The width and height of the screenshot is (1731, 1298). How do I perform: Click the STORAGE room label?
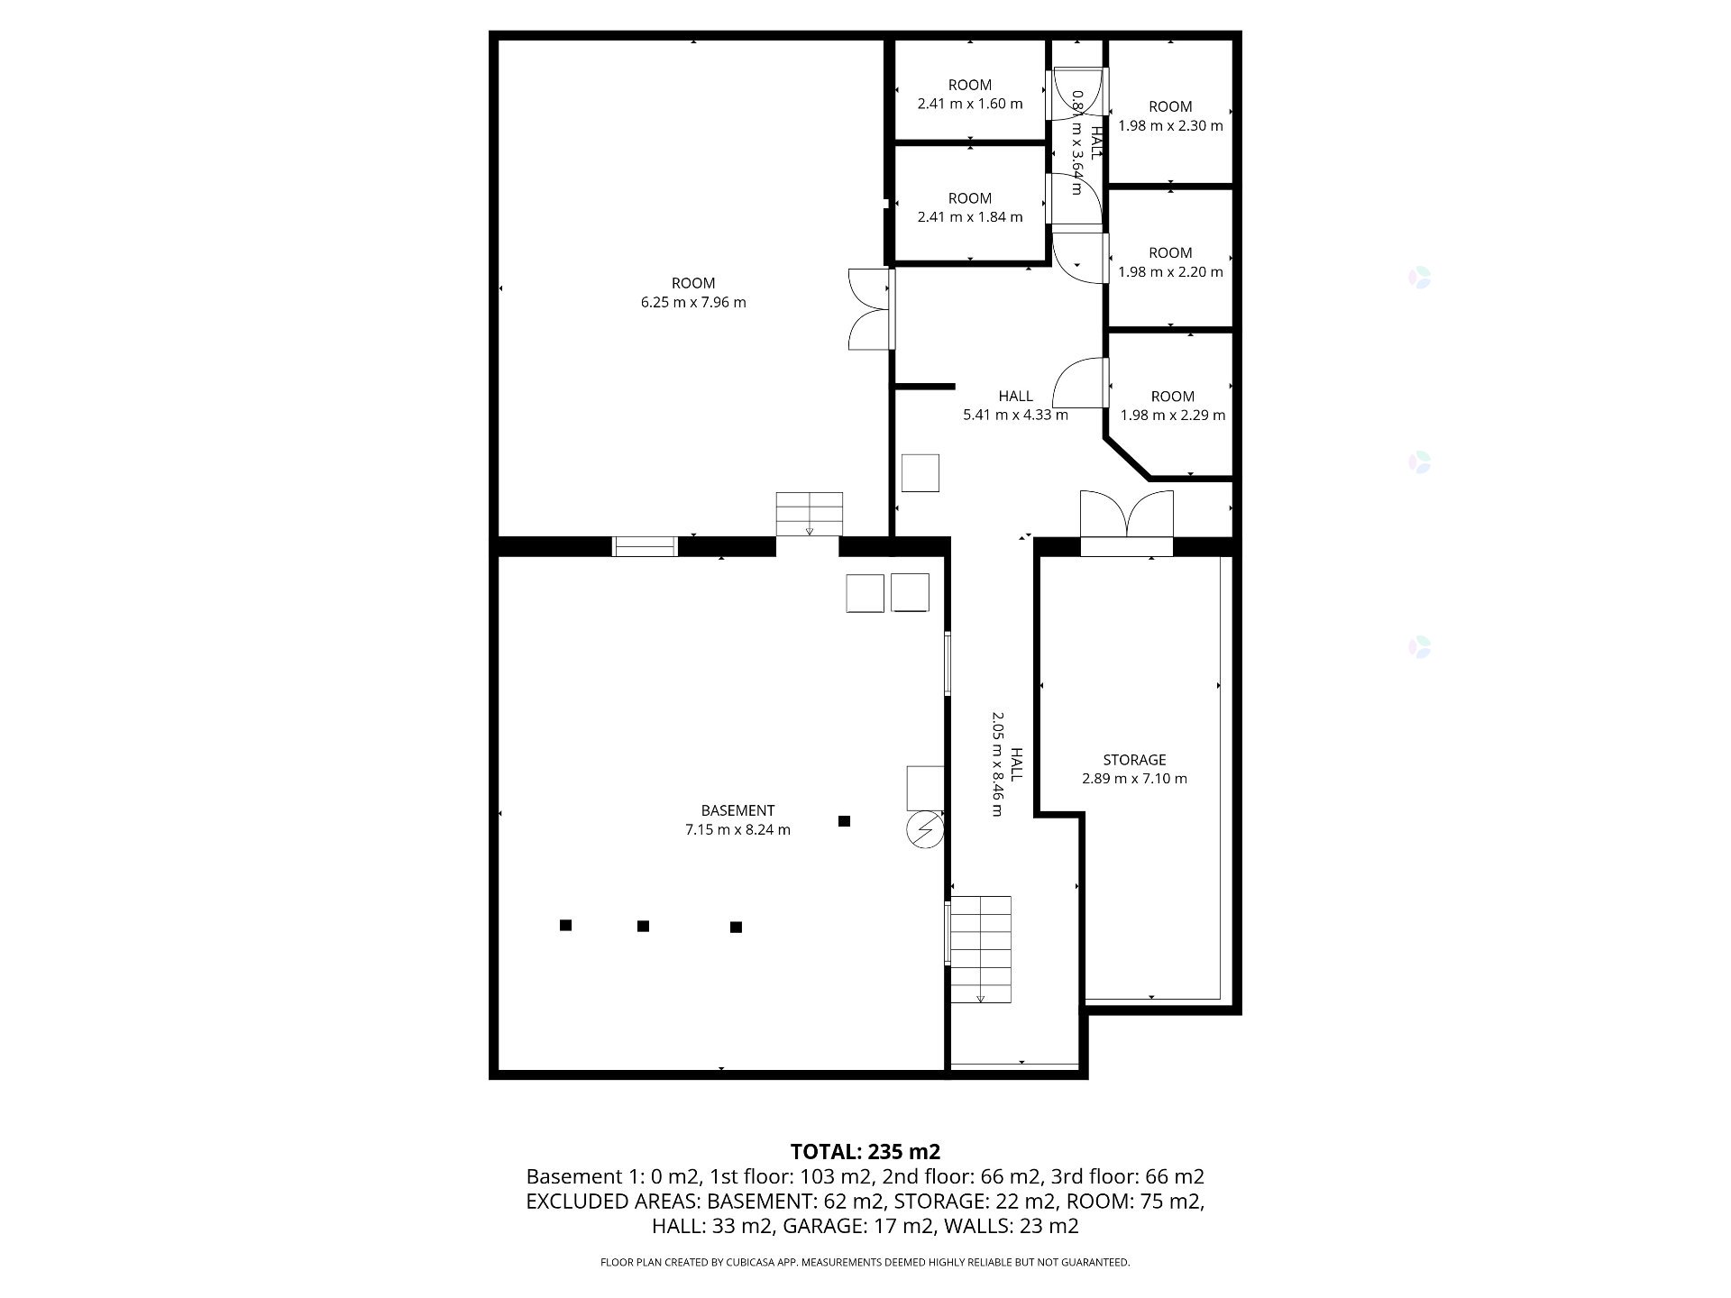[x=1134, y=760]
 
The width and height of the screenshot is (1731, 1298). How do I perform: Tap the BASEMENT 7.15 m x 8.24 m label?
[x=737, y=820]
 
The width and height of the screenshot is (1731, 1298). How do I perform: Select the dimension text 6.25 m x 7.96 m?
[x=693, y=303]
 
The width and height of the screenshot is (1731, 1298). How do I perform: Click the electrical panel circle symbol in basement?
[x=924, y=830]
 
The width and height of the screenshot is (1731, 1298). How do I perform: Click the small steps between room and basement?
[x=810, y=514]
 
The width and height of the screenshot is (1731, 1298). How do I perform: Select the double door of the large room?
[x=869, y=308]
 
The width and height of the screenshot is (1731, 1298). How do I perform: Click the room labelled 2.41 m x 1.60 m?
[x=970, y=95]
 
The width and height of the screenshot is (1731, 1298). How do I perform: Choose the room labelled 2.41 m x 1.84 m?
[x=970, y=208]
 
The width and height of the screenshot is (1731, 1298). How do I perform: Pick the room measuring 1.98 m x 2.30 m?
[x=1170, y=116]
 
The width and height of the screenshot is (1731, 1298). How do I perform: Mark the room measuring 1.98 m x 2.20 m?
[x=1170, y=262]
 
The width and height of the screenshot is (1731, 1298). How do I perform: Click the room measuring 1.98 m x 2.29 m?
[x=1172, y=406]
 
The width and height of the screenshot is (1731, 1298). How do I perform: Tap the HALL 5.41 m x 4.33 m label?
[x=1015, y=406]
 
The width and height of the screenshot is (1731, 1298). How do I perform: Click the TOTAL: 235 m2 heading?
[x=865, y=1151]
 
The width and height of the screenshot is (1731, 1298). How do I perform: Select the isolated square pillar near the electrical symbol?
[x=845, y=821]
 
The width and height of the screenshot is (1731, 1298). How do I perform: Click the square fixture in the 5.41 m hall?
[x=920, y=473]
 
